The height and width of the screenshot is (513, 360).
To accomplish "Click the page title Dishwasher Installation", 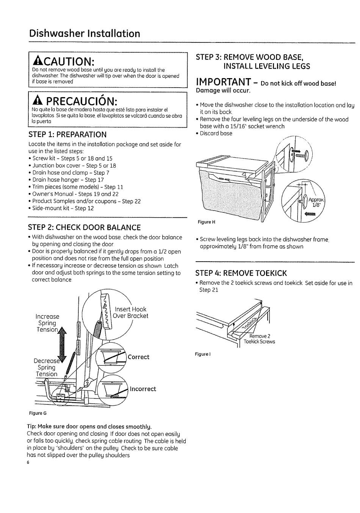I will (85, 34).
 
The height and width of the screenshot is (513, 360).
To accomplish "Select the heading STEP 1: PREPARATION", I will (67, 135).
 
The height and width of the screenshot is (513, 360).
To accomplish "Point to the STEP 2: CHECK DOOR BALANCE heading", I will (84, 227).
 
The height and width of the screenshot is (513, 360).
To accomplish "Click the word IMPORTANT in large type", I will (223, 82).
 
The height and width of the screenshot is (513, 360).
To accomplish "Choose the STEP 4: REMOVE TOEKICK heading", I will (241, 273).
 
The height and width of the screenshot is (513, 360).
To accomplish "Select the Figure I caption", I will (203, 354).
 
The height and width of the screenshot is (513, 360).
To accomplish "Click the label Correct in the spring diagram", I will (138, 357).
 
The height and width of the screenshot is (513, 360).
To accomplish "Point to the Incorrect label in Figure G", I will (143, 389).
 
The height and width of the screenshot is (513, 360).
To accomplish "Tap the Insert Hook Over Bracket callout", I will (131, 312).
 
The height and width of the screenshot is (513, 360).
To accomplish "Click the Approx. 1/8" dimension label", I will (316, 202).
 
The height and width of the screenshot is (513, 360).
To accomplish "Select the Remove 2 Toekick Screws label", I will (260, 339).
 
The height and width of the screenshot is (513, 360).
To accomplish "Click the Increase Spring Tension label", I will (47, 323).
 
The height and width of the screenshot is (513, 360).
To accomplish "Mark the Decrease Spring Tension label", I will (46, 367).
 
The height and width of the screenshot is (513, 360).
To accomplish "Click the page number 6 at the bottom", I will (28, 463).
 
